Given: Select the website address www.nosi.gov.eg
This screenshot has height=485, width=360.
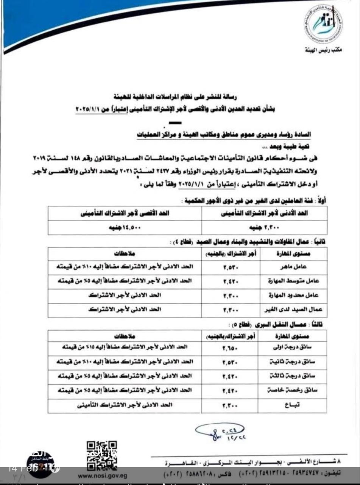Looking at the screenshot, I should (x=102, y=476).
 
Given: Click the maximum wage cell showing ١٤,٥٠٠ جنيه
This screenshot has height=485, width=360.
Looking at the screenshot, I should (x=125, y=227).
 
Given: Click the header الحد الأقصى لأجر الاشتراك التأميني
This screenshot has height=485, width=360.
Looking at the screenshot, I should (x=125, y=213).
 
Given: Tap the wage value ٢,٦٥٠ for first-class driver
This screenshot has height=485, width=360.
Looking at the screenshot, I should (x=230, y=347).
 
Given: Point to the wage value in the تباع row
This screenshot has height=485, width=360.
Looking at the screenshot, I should (x=230, y=405).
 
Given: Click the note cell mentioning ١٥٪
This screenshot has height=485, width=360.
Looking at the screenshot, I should (x=126, y=347).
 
